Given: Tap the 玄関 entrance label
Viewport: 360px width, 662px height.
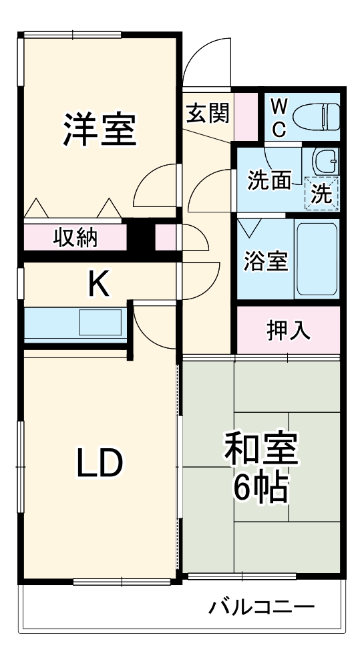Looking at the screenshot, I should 206,114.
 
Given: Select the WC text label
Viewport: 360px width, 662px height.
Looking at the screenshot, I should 280,117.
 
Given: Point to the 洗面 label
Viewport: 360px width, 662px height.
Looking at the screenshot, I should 270,180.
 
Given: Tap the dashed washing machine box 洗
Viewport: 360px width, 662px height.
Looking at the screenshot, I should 322,193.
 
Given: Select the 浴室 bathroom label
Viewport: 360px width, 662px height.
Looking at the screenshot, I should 265,261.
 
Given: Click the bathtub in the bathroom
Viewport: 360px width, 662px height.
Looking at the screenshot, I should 316,258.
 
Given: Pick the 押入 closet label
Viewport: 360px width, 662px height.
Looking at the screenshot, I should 289,331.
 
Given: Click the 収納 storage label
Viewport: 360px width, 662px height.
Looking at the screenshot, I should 75,237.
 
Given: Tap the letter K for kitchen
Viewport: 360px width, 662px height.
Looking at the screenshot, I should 99,285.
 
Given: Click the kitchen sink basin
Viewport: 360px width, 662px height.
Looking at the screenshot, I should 100,322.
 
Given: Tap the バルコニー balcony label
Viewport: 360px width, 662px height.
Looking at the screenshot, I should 261,607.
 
